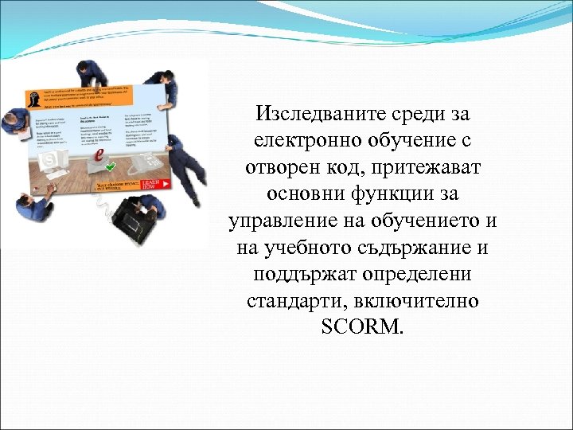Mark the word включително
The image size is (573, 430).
[x=411, y=300]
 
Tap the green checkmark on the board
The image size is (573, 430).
[x=110, y=166]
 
